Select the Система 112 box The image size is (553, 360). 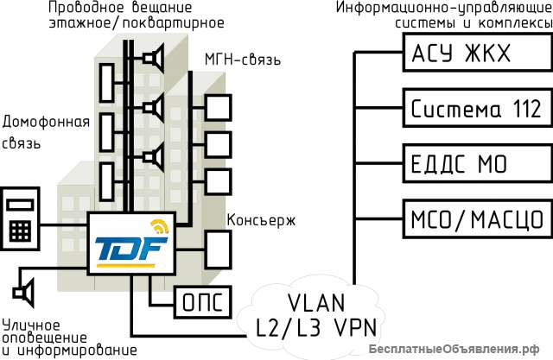point(474,109)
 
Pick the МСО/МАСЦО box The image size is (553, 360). point(474,216)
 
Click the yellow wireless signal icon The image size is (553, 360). point(159,228)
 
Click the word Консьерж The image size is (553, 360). point(261,219)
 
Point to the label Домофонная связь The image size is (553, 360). point(34,132)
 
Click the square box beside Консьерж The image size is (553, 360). point(219,249)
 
